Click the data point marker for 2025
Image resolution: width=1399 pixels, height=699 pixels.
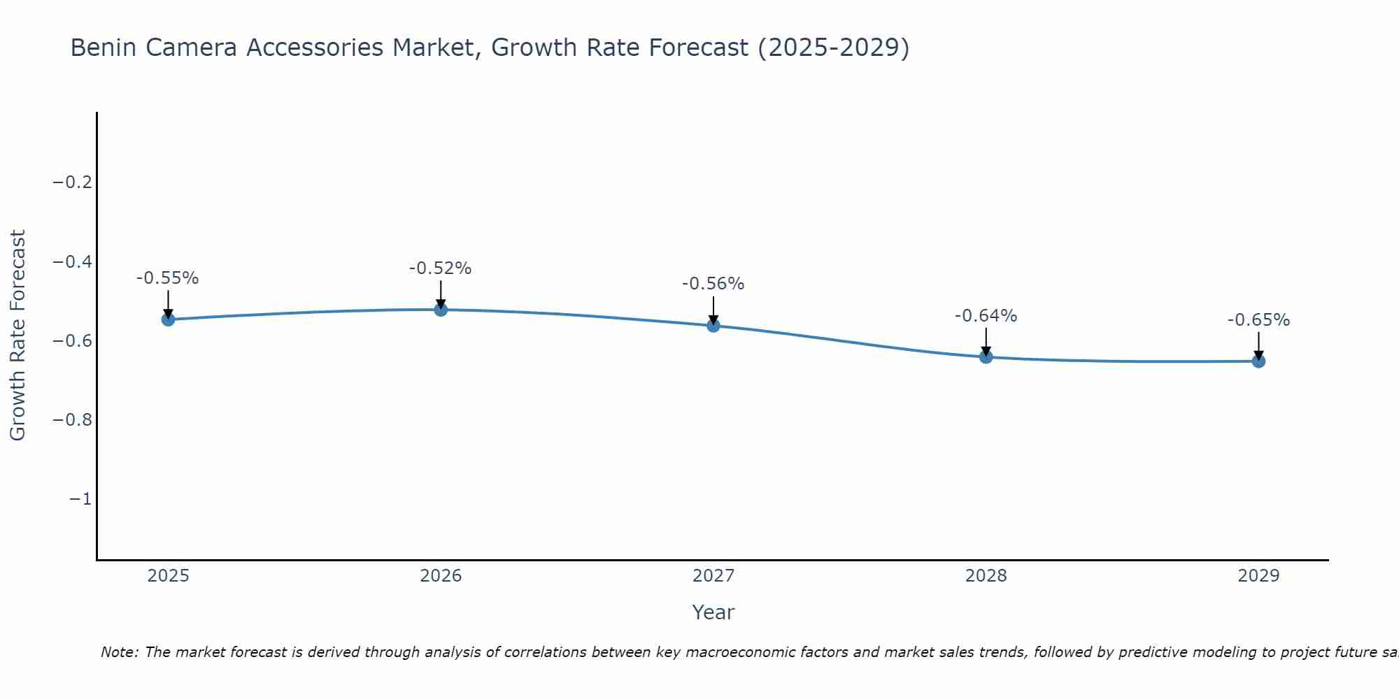pyautogui.click(x=168, y=319)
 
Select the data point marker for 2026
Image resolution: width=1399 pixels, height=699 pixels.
pyautogui.click(x=441, y=310)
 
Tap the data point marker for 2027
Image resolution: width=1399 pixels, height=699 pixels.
pyautogui.click(x=713, y=326)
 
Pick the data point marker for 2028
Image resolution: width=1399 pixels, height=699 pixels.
pyautogui.click(x=986, y=357)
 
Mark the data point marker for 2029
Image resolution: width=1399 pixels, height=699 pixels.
pyautogui.click(x=1258, y=361)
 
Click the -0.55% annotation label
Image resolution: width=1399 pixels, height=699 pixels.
pyautogui.click(x=168, y=278)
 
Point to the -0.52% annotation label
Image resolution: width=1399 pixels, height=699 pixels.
pyautogui.click(x=441, y=268)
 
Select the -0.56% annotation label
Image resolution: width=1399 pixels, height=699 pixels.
pyautogui.click(x=713, y=284)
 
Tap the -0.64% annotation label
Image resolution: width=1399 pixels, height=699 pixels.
pyautogui.click(x=986, y=316)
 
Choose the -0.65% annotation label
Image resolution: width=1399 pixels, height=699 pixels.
pyautogui.click(x=1258, y=320)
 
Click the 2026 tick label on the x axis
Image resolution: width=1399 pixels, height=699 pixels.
pyautogui.click(x=441, y=576)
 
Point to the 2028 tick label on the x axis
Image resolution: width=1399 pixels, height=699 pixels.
pyautogui.click(x=986, y=576)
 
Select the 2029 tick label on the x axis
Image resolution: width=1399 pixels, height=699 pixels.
pyautogui.click(x=1258, y=576)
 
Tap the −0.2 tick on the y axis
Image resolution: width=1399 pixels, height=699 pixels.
pyautogui.click(x=72, y=182)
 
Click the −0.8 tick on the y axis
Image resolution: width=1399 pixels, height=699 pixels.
pyautogui.click(x=72, y=420)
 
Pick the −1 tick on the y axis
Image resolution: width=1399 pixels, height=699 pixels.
pyautogui.click(x=80, y=499)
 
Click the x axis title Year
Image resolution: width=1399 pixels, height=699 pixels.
pyautogui.click(x=713, y=612)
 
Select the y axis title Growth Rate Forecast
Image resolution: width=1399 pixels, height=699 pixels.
pyautogui.click(x=17, y=336)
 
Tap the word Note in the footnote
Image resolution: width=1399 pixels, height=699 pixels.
pyautogui.click(x=119, y=652)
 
